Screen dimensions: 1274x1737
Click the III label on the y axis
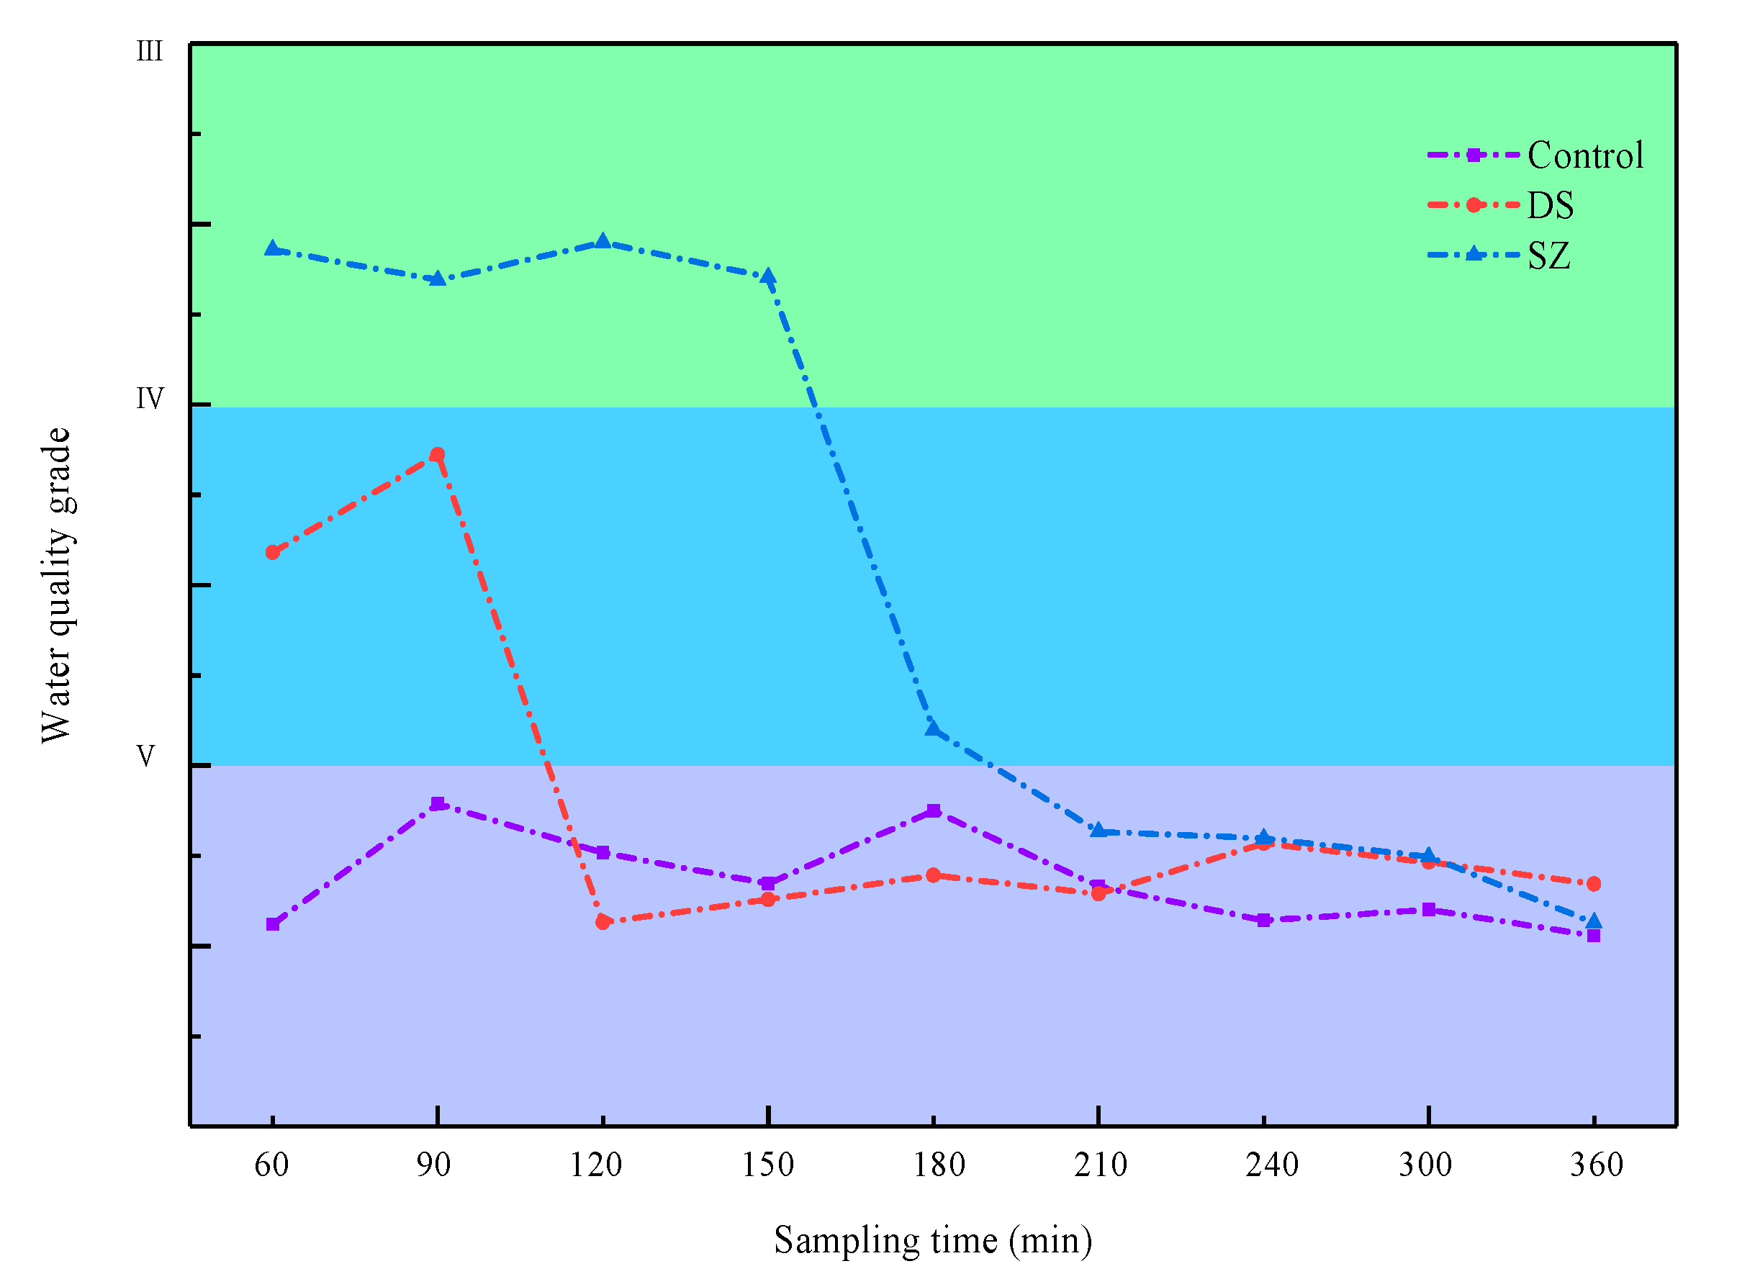(150, 52)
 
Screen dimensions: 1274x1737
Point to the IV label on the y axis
(150, 399)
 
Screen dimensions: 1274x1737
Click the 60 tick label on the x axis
(271, 1165)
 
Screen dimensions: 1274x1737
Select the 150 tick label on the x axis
(767, 1165)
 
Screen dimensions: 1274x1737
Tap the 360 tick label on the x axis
(1596, 1165)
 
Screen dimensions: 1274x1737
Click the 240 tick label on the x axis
(1271, 1165)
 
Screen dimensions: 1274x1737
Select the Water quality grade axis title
(55, 585)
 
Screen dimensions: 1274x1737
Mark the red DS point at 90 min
(438, 455)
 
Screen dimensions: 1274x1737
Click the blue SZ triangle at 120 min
(603, 242)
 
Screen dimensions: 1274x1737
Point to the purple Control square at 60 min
(272, 925)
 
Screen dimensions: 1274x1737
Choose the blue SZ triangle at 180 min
(934, 728)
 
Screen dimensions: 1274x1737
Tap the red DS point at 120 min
(603, 922)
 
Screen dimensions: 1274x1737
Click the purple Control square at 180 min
(934, 810)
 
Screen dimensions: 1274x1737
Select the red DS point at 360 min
(1594, 884)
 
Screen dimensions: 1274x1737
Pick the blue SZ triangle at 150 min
(768, 277)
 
